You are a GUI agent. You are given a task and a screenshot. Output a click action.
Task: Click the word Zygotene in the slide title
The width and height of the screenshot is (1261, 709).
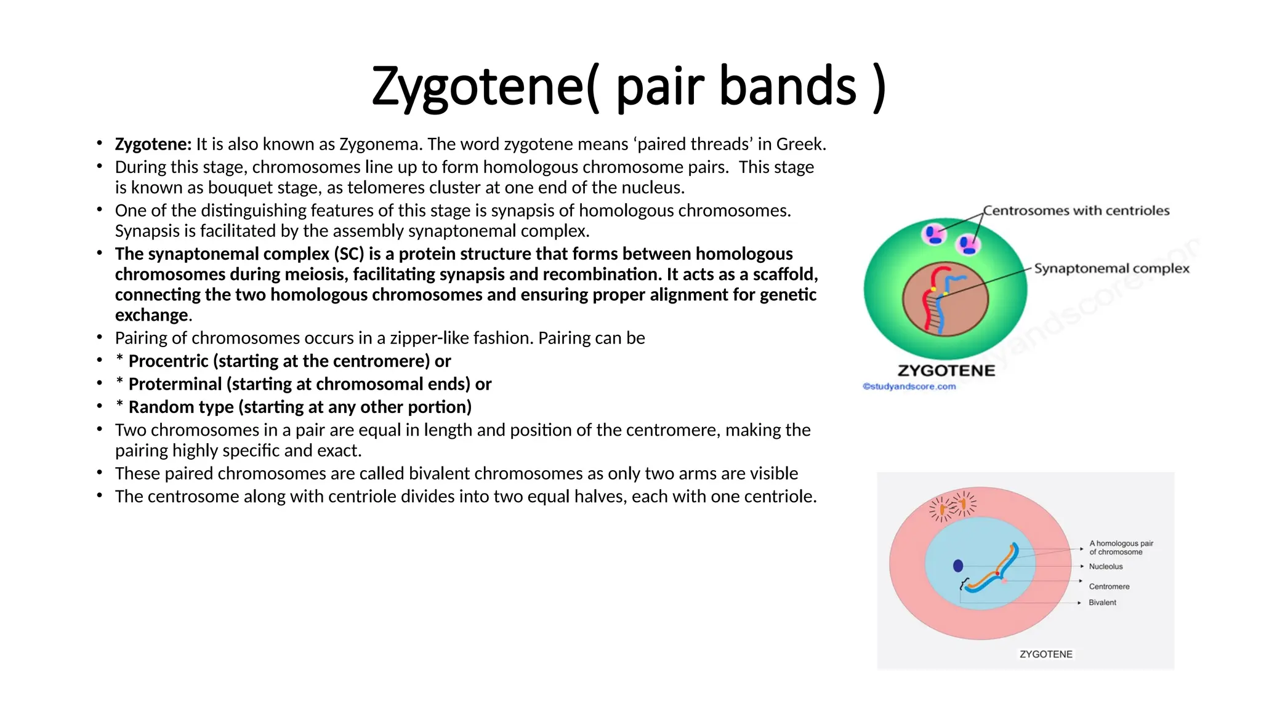[x=477, y=86]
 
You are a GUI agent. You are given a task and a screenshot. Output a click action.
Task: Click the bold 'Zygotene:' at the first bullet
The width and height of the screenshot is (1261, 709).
[x=153, y=144]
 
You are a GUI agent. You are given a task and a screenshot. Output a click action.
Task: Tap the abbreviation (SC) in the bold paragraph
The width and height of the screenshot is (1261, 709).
[x=349, y=254]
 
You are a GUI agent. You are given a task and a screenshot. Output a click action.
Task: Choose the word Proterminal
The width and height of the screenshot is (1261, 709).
[x=175, y=384]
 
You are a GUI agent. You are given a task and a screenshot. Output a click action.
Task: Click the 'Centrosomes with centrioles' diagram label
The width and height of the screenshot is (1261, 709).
[x=1076, y=210]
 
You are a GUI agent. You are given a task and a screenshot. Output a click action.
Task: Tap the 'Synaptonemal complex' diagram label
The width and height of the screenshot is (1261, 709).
[x=1111, y=268]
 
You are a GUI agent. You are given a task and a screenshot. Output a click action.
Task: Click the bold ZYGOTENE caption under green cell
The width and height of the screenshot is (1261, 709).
[x=946, y=371]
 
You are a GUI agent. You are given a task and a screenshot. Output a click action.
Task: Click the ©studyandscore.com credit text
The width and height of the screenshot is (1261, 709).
[x=909, y=387]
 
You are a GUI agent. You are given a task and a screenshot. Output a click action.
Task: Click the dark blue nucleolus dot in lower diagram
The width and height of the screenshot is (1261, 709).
[x=958, y=566]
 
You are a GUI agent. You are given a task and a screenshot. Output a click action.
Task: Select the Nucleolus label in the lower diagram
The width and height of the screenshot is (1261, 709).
[x=1105, y=566]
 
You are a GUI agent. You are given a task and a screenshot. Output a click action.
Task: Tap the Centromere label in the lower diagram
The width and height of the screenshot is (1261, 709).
[x=1109, y=587]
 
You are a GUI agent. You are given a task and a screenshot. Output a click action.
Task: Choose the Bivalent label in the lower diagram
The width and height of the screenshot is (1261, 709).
[x=1102, y=603]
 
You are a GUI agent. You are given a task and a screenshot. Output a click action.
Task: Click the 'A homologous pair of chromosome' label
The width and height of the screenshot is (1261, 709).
[x=1121, y=548]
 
